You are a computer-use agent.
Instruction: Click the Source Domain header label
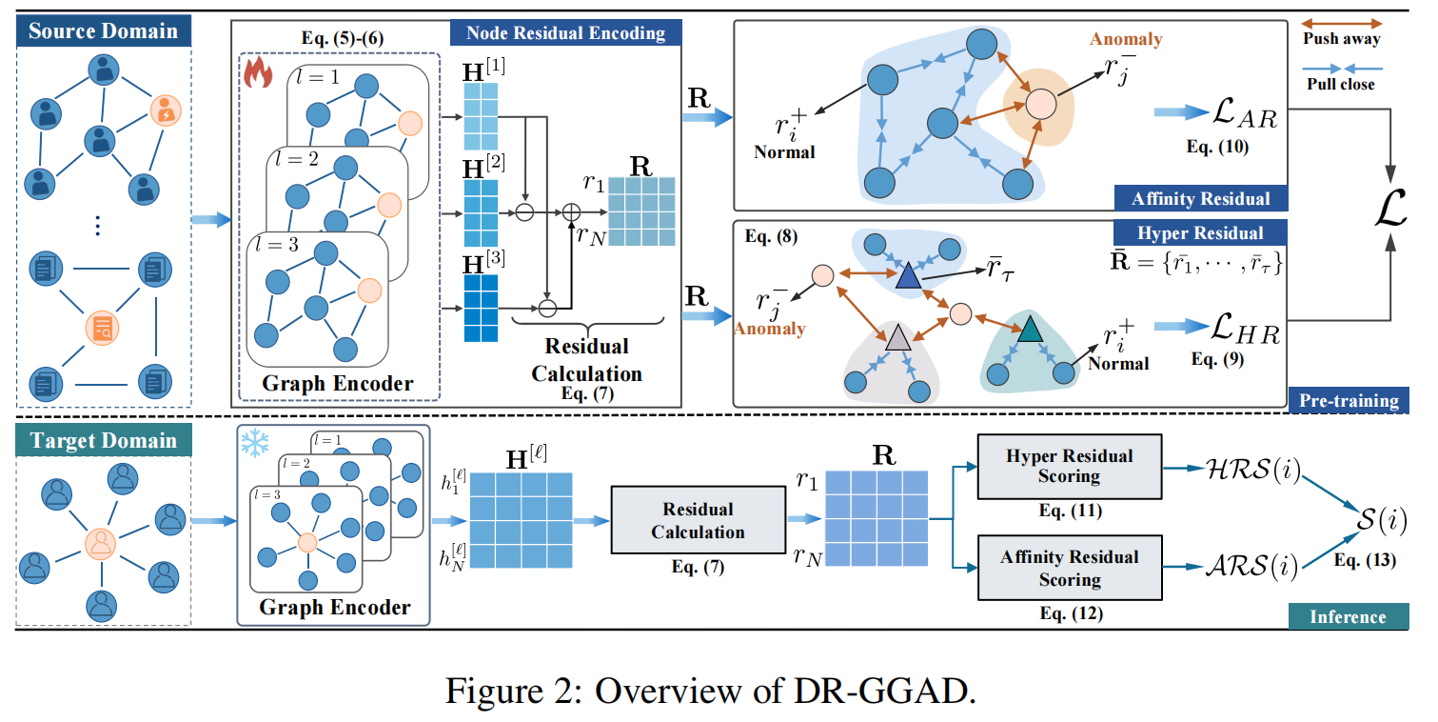coord(103,30)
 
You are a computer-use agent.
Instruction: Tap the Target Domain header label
coord(103,441)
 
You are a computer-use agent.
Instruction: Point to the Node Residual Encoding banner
coord(565,33)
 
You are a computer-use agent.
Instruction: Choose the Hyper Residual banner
coord(1200,232)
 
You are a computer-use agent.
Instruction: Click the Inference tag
coord(1348,616)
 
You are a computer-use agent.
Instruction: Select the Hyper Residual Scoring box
coord(1070,466)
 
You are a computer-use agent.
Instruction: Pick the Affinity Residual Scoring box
coord(1070,568)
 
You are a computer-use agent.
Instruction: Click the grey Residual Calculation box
coord(698,520)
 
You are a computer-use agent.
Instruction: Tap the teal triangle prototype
coord(1029,331)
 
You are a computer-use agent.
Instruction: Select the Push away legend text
coord(1342,39)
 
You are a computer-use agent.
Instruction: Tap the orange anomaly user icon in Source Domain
coord(166,111)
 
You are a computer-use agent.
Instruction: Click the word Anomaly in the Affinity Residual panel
coord(1126,40)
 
